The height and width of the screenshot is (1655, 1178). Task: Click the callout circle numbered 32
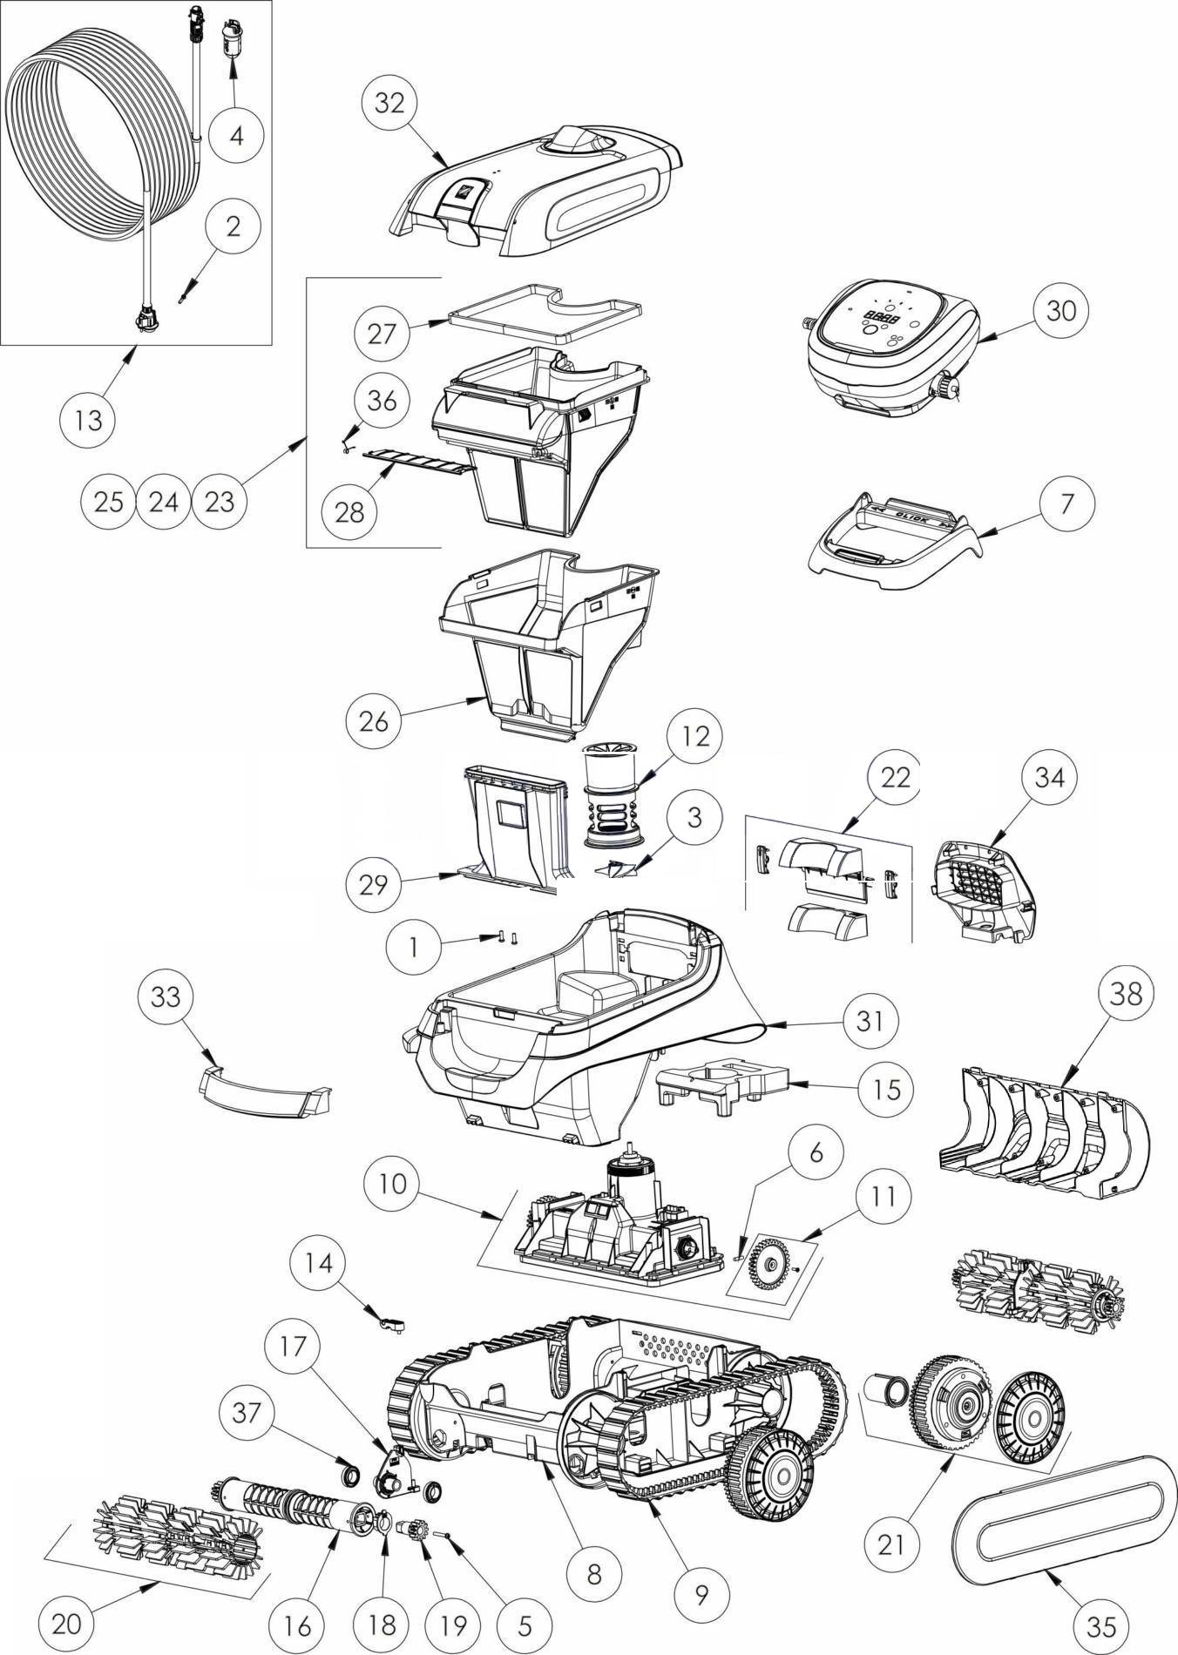[x=389, y=103]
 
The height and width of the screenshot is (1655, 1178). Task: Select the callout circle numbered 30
[x=1060, y=310]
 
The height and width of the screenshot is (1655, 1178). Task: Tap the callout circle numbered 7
[x=1067, y=503]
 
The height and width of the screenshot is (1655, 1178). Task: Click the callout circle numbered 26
[x=374, y=720]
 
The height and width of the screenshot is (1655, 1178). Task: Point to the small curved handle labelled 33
[x=261, y=1094]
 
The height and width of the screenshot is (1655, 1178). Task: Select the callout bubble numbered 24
[x=165, y=502]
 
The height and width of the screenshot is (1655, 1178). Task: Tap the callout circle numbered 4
[x=236, y=135]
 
